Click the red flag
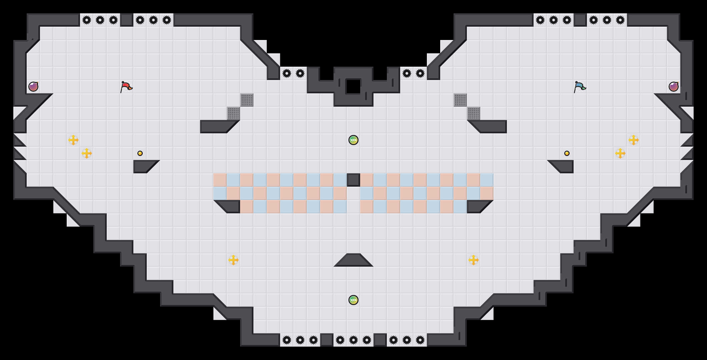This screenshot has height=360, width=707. pos(126,87)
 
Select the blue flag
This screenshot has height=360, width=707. pos(580,87)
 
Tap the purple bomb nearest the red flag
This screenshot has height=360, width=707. pos(33,87)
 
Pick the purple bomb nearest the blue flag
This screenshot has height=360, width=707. pos(674,87)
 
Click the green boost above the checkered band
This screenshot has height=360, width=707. pos(353,140)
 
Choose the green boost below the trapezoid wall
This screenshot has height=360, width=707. pos(353,300)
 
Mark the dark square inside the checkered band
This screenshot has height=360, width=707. pos(353,180)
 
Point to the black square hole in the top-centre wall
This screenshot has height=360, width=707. pos(353,87)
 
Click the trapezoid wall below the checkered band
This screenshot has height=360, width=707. pos(353,260)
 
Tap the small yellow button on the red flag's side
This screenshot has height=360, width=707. pos(140,153)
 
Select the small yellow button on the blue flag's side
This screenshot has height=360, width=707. pos(567,153)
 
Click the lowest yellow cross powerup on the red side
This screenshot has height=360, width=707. pos(233,260)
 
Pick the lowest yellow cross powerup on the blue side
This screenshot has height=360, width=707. pos(474,260)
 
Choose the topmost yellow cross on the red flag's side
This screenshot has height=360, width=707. pos(73,140)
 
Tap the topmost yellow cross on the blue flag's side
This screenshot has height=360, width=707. pos(634,140)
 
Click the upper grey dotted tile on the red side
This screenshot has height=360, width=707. pos(247,100)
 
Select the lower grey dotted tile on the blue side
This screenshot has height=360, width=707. pos(474,113)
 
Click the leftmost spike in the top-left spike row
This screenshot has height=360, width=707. pos(87,20)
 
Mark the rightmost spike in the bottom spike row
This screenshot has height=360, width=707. pos(420,340)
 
